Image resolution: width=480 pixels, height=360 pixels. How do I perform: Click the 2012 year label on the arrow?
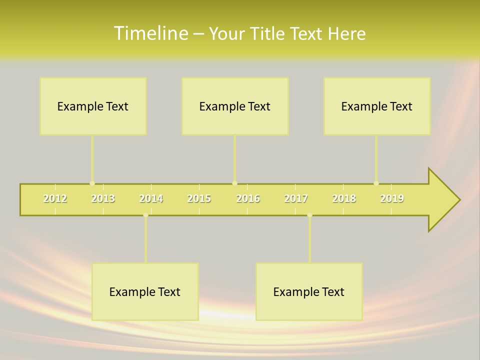click(x=55, y=199)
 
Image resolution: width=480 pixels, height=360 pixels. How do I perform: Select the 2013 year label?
click(x=103, y=199)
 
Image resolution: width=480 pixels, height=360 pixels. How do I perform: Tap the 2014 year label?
click(x=151, y=199)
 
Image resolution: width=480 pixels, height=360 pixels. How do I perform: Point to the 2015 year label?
click(x=199, y=199)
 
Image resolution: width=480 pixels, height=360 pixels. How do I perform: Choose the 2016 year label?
click(x=248, y=199)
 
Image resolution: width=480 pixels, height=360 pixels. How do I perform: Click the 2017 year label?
click(x=296, y=199)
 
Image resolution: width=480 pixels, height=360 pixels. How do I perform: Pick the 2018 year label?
click(x=344, y=199)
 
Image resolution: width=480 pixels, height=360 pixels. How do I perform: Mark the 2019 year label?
click(x=392, y=199)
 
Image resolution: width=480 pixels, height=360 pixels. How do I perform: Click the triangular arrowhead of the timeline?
click(x=443, y=200)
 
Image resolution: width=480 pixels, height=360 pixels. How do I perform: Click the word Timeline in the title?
click(x=149, y=33)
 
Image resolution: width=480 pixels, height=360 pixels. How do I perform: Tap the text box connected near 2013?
click(x=93, y=106)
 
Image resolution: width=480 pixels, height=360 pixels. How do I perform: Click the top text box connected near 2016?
click(x=235, y=106)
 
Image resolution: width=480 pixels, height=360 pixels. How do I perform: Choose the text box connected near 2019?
click(x=377, y=106)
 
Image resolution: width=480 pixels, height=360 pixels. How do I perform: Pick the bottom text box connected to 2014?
click(x=145, y=291)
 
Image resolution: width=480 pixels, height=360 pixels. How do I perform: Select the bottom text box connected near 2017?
click(x=309, y=291)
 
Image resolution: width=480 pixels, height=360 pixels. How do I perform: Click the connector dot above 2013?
click(x=92, y=183)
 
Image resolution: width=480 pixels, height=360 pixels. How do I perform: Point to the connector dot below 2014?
click(x=145, y=215)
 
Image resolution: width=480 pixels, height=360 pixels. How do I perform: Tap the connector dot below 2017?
click(x=309, y=215)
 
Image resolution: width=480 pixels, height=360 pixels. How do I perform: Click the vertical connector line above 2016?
click(x=234, y=157)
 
